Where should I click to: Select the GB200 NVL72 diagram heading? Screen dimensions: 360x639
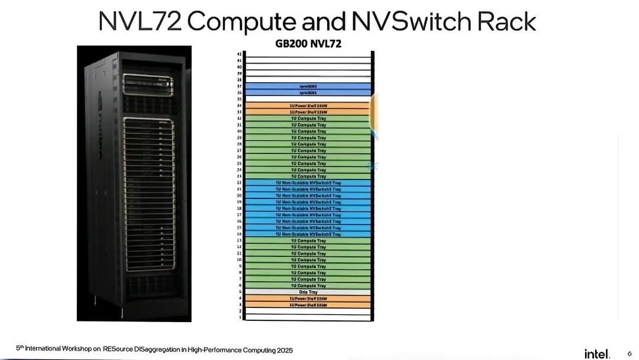point(308,43)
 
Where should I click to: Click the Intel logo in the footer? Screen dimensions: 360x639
point(596,353)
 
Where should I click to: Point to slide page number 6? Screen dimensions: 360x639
point(629,353)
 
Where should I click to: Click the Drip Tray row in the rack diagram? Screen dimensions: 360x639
point(308,292)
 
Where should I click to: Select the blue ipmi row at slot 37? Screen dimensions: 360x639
point(308,86)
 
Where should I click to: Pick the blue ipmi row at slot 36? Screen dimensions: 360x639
point(308,93)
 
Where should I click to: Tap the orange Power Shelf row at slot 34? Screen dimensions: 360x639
point(308,105)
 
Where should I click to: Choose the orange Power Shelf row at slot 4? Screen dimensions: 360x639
point(308,298)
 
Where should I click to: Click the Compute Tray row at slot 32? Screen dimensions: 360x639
point(308,118)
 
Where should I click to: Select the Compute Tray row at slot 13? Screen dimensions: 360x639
point(308,241)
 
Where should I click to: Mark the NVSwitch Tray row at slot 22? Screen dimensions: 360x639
point(308,183)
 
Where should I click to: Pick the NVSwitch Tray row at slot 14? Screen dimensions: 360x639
point(308,234)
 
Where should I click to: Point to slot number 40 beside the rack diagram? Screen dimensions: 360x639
point(239,67)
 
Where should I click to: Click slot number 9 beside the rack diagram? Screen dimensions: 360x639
point(240,266)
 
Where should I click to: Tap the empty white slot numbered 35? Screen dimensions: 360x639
point(308,99)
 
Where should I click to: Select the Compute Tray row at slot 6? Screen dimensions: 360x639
point(308,285)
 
